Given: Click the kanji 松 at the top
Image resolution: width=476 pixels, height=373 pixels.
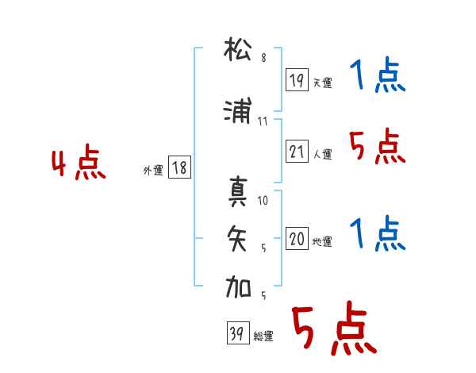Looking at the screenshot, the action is tap(238, 49).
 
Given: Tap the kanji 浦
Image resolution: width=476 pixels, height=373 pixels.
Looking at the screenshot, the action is tap(238, 110).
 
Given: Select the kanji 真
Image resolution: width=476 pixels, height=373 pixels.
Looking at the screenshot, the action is tap(238, 191).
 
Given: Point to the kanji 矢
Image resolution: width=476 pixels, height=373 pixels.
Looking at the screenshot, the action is tap(237, 238).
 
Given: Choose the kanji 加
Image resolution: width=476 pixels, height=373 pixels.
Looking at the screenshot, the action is tap(238, 286).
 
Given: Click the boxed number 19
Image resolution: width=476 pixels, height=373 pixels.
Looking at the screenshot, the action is tap(297, 80).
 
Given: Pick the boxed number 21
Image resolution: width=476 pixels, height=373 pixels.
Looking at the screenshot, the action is tap(297, 152).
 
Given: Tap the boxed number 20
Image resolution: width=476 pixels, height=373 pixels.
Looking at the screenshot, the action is tap(297, 238).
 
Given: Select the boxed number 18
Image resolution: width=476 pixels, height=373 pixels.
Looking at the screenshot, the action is tap(179, 167).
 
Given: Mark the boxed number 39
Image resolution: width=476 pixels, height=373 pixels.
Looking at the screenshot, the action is tap(238, 333).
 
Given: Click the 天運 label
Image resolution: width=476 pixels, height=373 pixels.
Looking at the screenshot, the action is tap(322, 83).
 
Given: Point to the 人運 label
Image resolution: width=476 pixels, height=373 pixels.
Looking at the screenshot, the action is tap(322, 154).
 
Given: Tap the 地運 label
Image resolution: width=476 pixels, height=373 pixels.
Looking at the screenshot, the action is tap(322, 241).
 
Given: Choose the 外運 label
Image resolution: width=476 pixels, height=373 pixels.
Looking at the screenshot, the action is tap(153, 171).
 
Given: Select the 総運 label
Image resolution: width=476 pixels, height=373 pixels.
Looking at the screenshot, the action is tap(263, 336).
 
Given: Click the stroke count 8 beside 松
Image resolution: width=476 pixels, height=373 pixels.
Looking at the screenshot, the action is tap(264, 58).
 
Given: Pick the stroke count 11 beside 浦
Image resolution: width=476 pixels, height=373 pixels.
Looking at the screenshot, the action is tap(263, 121).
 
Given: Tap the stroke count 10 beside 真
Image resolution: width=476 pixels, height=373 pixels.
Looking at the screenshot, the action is tap(263, 201).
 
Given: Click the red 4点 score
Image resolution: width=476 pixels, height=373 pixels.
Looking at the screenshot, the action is tap(79, 162).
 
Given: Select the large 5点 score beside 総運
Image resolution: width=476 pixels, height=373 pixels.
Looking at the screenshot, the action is tap(334, 328).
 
